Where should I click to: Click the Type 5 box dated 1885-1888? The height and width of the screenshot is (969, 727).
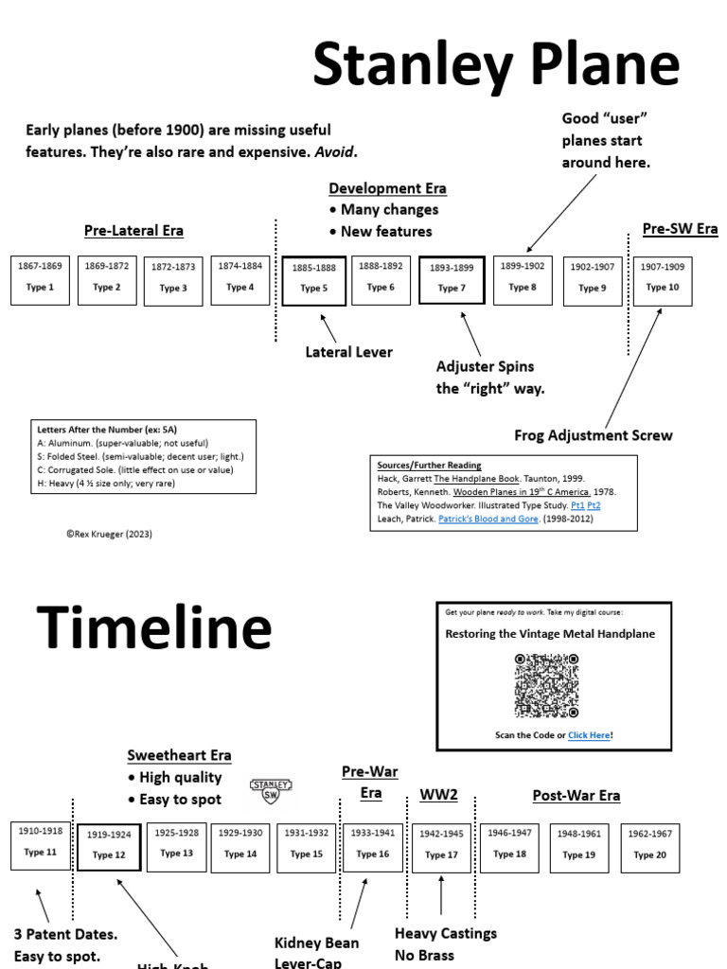pos(313,280)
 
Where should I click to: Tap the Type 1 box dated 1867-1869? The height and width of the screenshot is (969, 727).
pos(40,279)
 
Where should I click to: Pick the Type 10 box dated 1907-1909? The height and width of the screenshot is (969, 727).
pos(663,279)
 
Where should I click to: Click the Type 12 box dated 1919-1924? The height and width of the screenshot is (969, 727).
pos(109,847)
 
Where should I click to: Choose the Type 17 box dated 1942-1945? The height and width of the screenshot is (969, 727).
pos(441,847)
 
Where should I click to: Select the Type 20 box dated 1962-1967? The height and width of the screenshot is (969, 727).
pos(650,847)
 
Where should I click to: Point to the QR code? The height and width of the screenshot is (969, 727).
pos(546,685)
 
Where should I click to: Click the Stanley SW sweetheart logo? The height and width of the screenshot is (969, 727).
pos(271,790)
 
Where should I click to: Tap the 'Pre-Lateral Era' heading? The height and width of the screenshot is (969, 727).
pos(133,231)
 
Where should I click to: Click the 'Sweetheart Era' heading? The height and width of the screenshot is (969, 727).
pos(180,755)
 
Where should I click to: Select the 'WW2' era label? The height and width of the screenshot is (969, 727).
pos(438,795)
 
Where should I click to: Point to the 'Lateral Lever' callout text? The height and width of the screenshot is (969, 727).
pos(348,352)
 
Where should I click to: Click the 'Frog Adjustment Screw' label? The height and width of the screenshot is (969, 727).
pos(594,435)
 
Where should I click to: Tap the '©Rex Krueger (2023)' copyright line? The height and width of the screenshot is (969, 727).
pos(109,534)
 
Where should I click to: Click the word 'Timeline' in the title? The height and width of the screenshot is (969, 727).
pos(154,629)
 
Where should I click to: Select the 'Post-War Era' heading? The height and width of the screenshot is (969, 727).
pos(576,796)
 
